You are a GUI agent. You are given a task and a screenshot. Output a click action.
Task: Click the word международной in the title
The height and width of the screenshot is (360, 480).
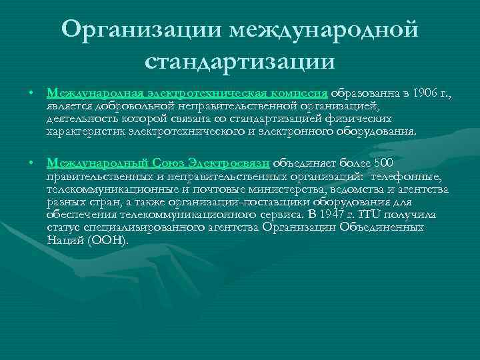pyautogui.click(x=324, y=29)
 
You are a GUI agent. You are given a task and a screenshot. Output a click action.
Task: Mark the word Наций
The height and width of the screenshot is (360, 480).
pyautogui.click(x=65, y=240)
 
